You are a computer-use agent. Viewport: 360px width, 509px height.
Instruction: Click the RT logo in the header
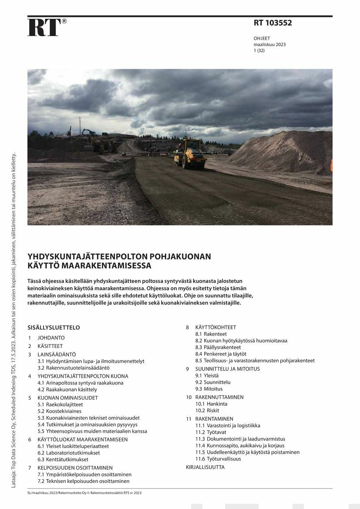pyautogui.click(x=44, y=27)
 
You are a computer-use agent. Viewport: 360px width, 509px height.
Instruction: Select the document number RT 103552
pyautogui.click(x=273, y=23)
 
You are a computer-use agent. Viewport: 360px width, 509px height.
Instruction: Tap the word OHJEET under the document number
pyautogui.click(x=262, y=38)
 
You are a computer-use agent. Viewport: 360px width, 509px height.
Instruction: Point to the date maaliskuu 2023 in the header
pyautogui.click(x=269, y=44)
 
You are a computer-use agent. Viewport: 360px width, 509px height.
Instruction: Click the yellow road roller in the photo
pyautogui.click(x=190, y=154)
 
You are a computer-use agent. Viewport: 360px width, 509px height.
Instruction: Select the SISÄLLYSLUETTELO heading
pyautogui.click(x=54, y=327)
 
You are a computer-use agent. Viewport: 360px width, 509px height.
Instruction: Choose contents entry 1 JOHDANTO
pyautogui.click(x=51, y=338)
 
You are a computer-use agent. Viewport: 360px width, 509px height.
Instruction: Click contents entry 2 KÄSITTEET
pyautogui.click(x=50, y=346)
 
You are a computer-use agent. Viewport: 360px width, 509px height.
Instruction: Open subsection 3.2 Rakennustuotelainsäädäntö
pyautogui.click(x=73, y=368)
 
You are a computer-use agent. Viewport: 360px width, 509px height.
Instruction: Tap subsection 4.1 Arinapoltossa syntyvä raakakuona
pyautogui.click(x=80, y=383)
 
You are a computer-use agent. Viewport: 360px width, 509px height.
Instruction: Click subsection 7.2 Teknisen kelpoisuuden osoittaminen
pyautogui.click(x=83, y=481)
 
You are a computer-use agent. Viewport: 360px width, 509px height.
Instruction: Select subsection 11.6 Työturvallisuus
pyautogui.click(x=218, y=459)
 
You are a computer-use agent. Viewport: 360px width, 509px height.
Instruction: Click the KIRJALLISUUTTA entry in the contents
pyautogui.click(x=205, y=467)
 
